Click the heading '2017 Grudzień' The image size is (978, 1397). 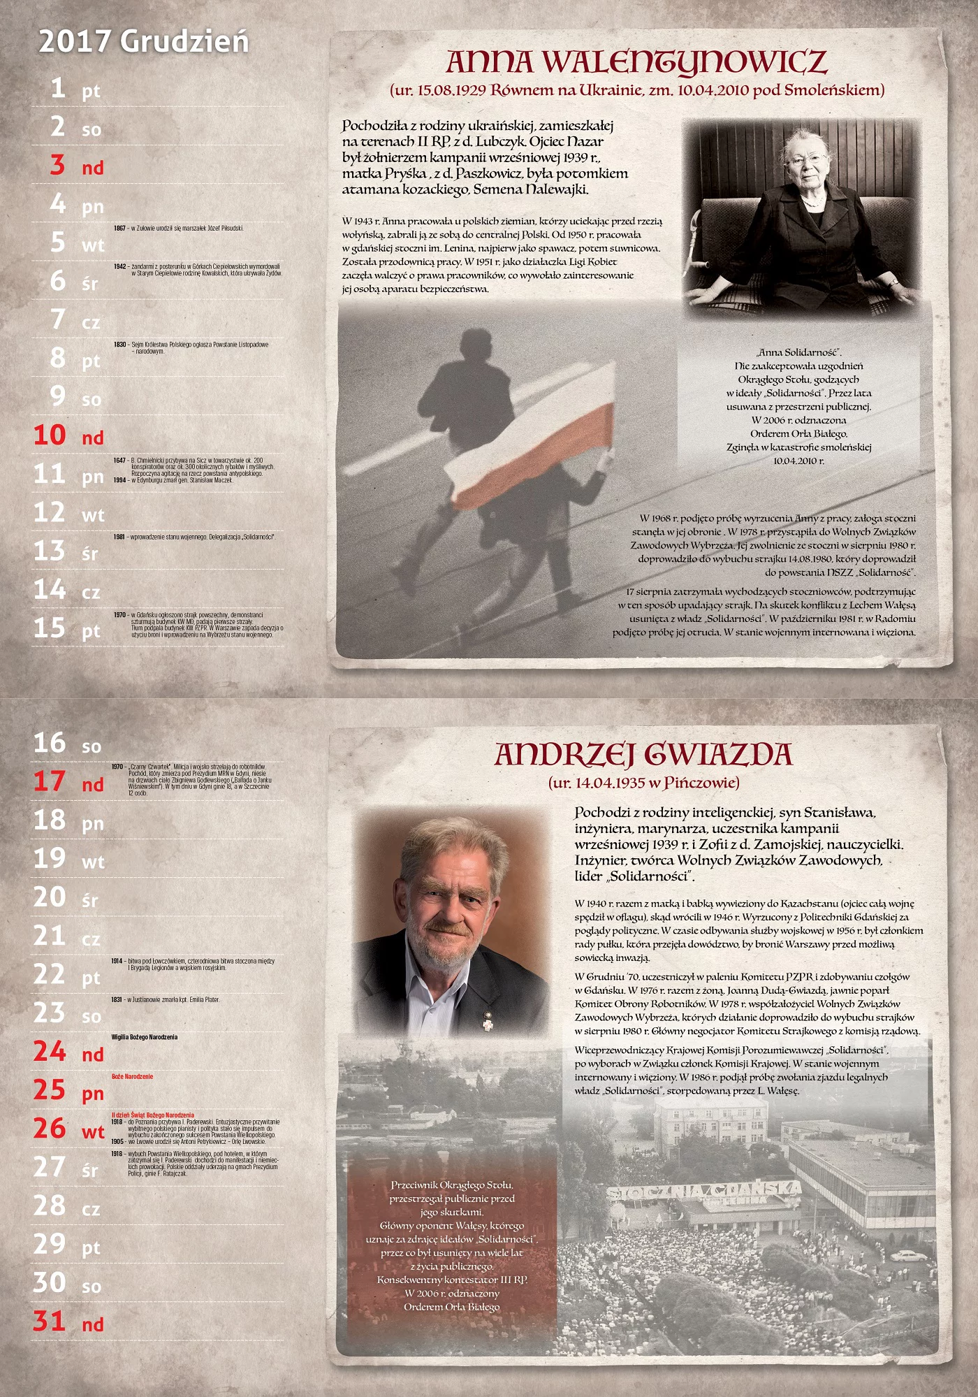143,42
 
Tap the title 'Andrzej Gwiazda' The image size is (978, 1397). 643,755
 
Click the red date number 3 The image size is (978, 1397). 57,165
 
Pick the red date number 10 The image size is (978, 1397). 50,435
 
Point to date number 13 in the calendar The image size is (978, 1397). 50,551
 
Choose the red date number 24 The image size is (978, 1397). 50,1051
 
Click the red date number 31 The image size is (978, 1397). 50,1321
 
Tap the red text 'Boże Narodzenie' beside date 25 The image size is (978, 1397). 132,1077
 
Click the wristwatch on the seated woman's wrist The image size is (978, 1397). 893,283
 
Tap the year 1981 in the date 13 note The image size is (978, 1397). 119,537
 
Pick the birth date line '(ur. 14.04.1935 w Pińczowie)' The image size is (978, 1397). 643,783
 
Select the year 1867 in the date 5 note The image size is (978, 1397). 119,229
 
